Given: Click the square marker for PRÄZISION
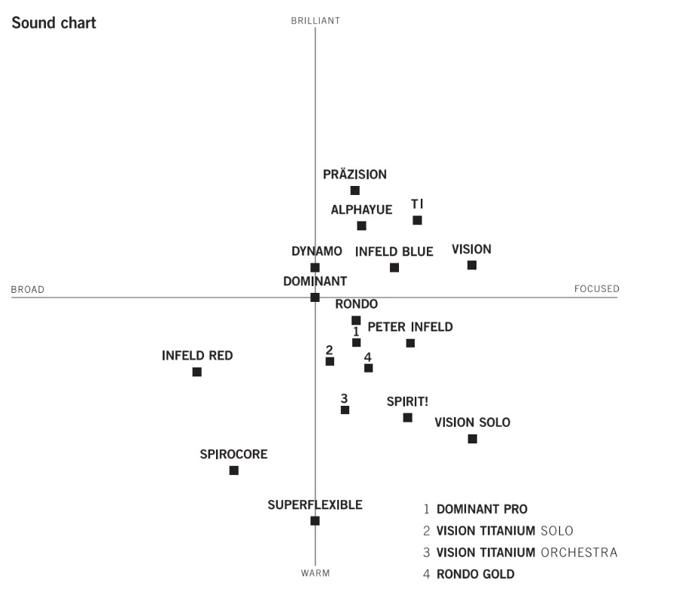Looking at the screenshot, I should tap(355, 190).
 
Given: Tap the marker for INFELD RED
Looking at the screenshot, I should tap(197, 372).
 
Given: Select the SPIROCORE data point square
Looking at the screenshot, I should tap(234, 471).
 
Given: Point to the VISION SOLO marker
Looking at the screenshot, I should tap(473, 439).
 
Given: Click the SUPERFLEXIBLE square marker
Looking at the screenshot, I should tap(315, 521).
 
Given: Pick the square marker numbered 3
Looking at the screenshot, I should tap(346, 410).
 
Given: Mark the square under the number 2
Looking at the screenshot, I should tap(330, 361).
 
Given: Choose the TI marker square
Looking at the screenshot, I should tap(418, 221).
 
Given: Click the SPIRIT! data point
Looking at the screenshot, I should tap(408, 418).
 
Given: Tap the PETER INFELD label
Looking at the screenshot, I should tap(410, 327).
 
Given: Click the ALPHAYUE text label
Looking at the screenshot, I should tap(361, 210).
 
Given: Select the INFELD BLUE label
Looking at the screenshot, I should tap(394, 251).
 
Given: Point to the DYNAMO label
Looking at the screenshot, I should tap(317, 251).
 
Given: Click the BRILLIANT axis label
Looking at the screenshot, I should tap(315, 21).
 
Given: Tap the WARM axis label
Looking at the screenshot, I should tap(315, 574).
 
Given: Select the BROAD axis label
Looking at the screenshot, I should tap(28, 290).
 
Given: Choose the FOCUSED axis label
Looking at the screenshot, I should tap(596, 289).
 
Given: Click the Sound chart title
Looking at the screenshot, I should tap(53, 23).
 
